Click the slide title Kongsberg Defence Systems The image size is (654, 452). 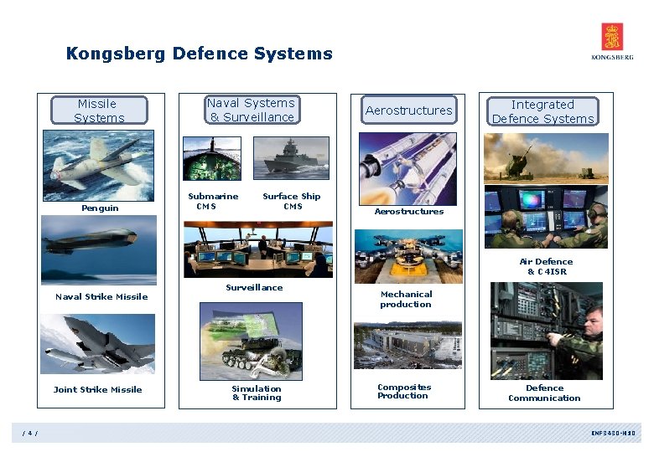(200, 54)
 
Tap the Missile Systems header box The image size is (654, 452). (99, 110)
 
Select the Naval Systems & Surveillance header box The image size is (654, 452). (252, 110)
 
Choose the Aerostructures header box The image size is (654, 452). (408, 110)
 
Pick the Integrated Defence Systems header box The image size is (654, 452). (542, 111)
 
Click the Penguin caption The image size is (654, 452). (100, 208)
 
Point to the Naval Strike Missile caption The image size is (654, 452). (101, 296)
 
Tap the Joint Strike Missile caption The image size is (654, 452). (97, 389)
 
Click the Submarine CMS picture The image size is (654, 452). (212, 157)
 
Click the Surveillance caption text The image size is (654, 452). (254, 287)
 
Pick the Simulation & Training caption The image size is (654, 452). (257, 393)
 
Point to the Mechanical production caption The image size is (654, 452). (406, 299)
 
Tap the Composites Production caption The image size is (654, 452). (404, 391)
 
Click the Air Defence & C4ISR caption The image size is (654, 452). (547, 266)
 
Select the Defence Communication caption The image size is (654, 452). (544, 393)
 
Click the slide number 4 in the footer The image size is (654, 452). (30, 433)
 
